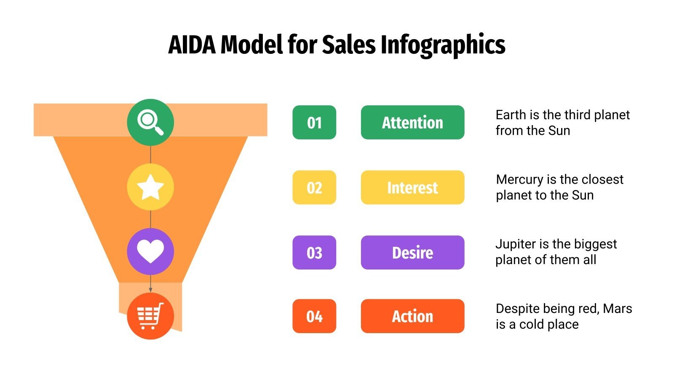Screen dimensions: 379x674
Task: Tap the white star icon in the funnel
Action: [150, 187]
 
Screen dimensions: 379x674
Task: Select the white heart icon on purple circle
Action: [150, 252]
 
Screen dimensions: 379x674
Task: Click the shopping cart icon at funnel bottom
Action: [150, 316]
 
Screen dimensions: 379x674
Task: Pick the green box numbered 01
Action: [314, 123]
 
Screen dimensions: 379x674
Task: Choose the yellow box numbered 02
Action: [314, 187]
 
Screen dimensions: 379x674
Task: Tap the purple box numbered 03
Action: [314, 253]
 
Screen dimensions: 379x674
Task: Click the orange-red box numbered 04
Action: [314, 316]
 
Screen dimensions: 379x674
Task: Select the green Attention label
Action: [412, 123]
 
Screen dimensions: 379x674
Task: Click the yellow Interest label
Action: [412, 187]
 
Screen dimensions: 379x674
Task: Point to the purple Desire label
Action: [412, 253]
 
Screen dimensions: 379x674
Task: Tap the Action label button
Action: [412, 316]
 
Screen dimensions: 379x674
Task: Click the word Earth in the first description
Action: [511, 115]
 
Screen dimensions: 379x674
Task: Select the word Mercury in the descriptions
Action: [519, 180]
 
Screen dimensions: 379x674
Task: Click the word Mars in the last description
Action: [617, 309]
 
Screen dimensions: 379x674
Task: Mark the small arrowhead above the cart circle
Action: [150, 290]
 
